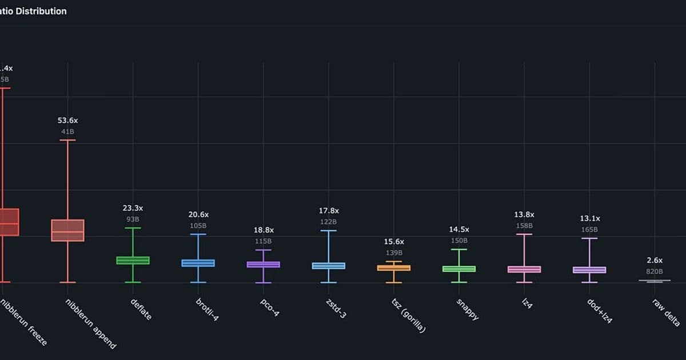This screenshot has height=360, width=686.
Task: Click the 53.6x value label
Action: pyautogui.click(x=67, y=121)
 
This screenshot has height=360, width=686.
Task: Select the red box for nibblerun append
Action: pyautogui.click(x=67, y=230)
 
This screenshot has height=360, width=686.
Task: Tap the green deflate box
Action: pyautogui.click(x=133, y=260)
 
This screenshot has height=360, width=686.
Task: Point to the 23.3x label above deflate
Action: pyautogui.click(x=133, y=209)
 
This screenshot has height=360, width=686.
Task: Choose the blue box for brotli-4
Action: pyautogui.click(x=198, y=263)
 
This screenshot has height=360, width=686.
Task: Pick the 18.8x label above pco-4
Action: pyautogui.click(x=264, y=230)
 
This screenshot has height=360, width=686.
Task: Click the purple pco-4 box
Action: pyautogui.click(x=264, y=265)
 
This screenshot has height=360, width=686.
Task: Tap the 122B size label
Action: pyautogui.click(x=329, y=222)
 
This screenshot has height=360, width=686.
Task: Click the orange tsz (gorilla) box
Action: pyautogui.click(x=394, y=267)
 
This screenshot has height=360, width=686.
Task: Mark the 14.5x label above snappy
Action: pyautogui.click(x=459, y=229)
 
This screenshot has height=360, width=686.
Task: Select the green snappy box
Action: pyautogui.click(x=459, y=269)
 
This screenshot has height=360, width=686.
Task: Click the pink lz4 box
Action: pyautogui.click(x=524, y=269)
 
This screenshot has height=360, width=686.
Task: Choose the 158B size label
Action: pyautogui.click(x=524, y=225)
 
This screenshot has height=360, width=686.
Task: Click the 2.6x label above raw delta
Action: pyautogui.click(x=655, y=260)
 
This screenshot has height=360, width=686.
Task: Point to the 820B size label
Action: pyautogui.click(x=655, y=271)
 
